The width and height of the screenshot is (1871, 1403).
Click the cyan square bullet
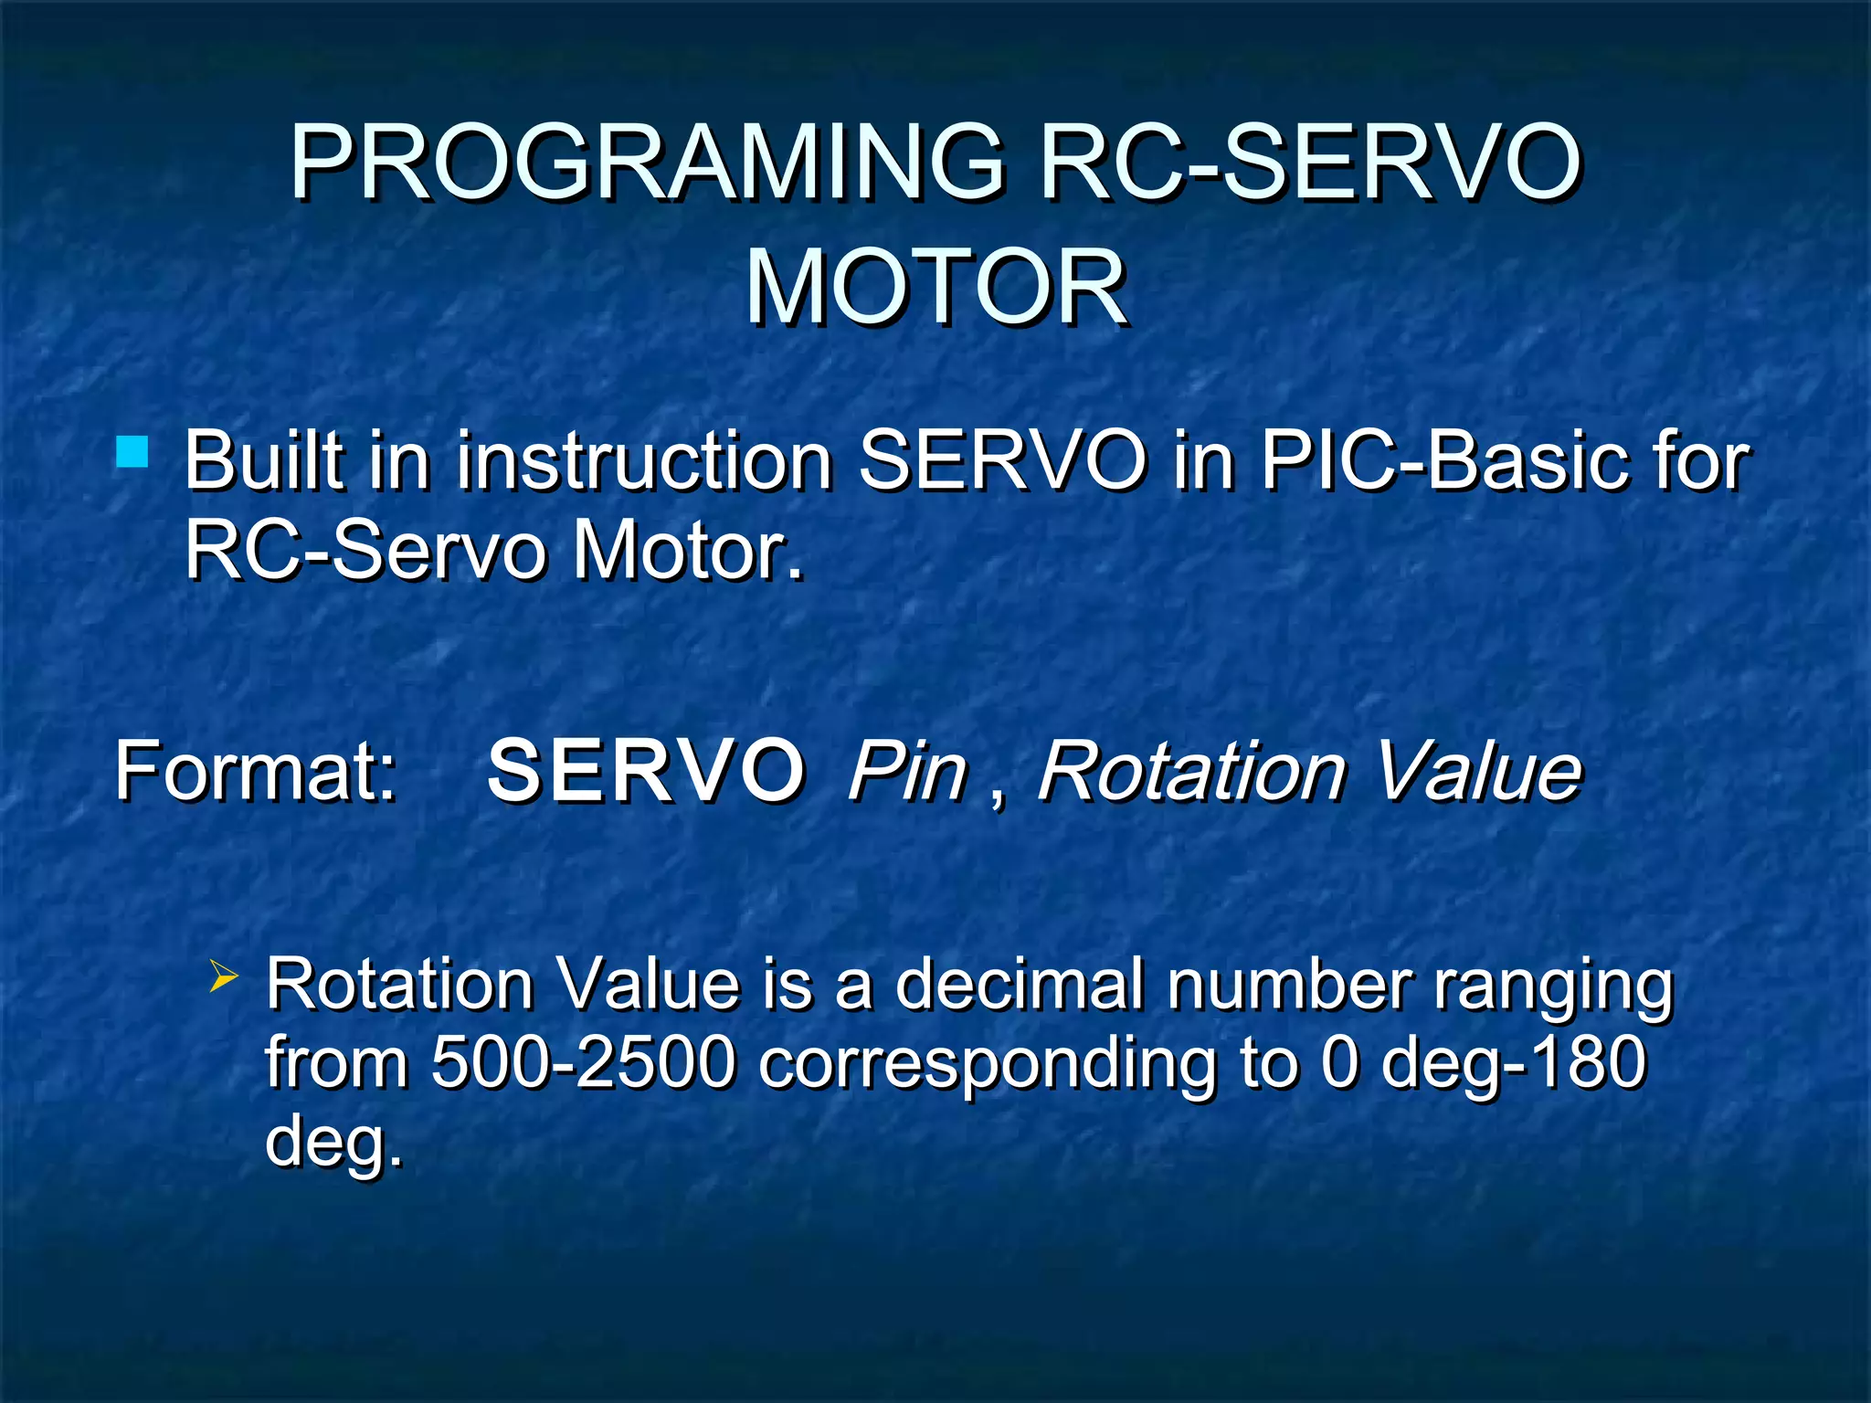133,452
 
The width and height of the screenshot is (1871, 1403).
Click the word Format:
257,772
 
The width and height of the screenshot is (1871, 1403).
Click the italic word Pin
906,772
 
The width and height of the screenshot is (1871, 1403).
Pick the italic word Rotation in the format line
1191,772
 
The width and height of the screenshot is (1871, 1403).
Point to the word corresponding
988,1065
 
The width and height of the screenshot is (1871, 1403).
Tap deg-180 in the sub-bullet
1513,1065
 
